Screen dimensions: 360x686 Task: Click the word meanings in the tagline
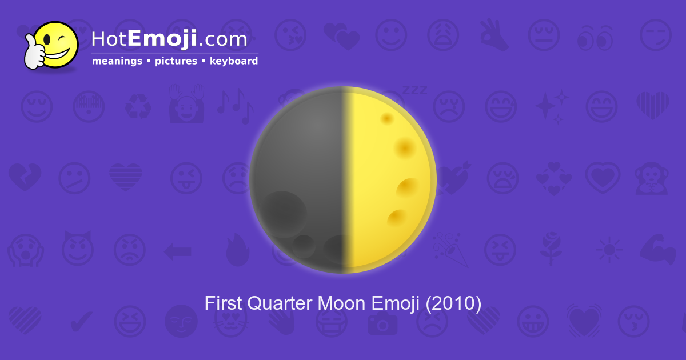click(117, 61)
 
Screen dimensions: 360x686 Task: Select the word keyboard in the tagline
click(234, 61)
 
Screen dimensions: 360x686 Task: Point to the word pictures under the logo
click(176, 61)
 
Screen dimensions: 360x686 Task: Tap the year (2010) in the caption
click(453, 303)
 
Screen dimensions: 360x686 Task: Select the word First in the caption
click(224, 303)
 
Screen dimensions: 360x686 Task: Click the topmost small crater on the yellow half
click(387, 118)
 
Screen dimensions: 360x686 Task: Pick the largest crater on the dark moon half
click(284, 213)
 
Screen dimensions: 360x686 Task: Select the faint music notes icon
click(234, 105)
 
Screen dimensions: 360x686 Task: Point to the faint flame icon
click(237, 250)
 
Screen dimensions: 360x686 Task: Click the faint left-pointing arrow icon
click(177, 250)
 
